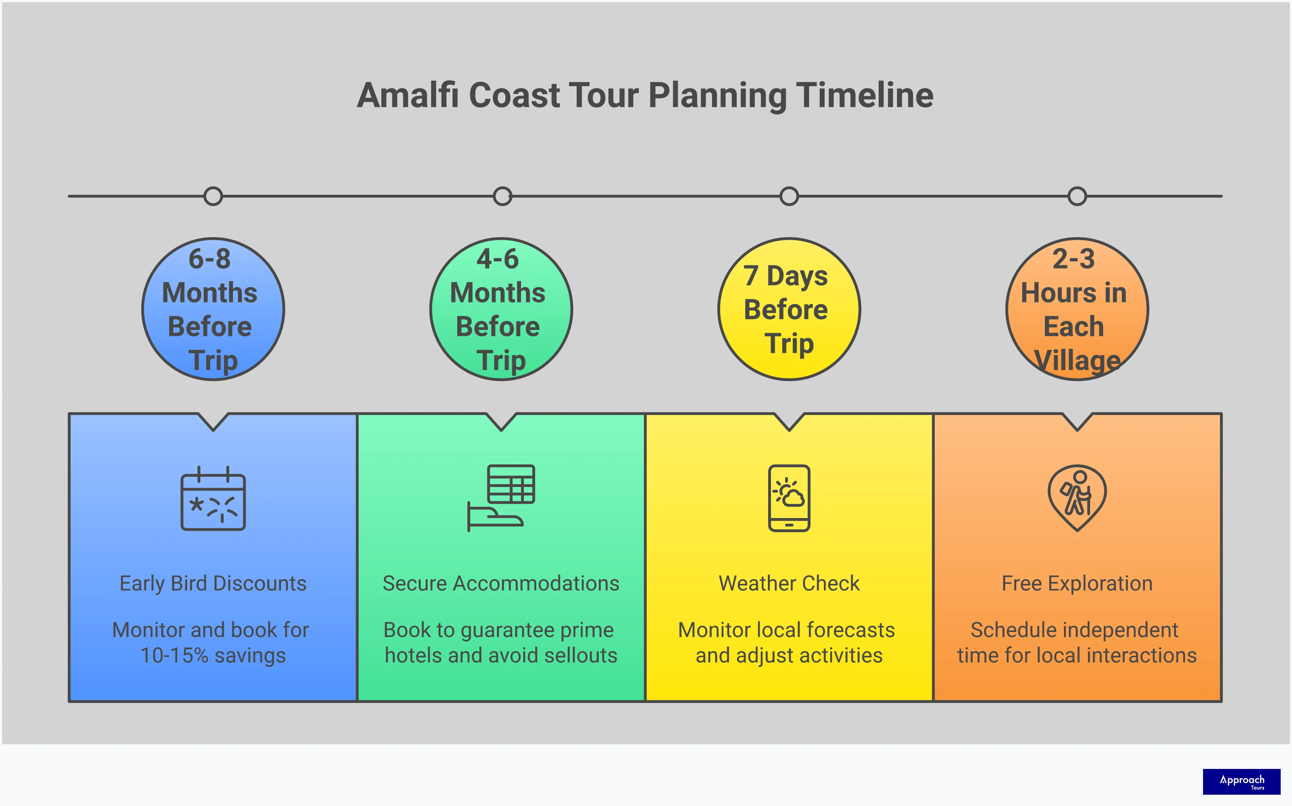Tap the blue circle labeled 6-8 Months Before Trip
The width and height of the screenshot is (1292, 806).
(x=213, y=309)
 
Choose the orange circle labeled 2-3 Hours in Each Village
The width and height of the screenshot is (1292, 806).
(x=1077, y=309)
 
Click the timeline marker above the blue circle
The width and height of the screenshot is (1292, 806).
(x=213, y=196)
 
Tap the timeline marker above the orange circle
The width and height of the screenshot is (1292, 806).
(x=1077, y=196)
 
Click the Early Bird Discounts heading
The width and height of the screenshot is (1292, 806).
(x=213, y=584)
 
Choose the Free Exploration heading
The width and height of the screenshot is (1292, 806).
(x=1077, y=584)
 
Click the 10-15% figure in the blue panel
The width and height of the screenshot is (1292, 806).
(x=174, y=656)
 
